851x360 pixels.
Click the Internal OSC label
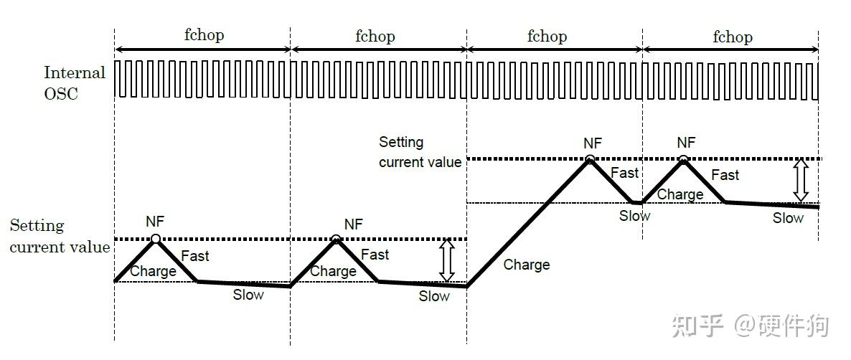pyautogui.click(x=75, y=82)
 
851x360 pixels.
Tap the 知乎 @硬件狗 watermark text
pyautogui.click(x=751, y=325)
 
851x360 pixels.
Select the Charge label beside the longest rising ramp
pyautogui.click(x=527, y=265)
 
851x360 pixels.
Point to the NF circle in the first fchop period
pyautogui.click(x=156, y=239)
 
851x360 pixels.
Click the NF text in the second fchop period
pyautogui.click(x=354, y=224)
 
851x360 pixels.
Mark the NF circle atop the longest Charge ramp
pyautogui.click(x=590, y=159)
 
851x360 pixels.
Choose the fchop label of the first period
pyautogui.click(x=203, y=35)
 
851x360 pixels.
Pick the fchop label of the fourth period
pyautogui.click(x=733, y=37)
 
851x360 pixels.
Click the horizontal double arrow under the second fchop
pyautogui.click(x=379, y=49)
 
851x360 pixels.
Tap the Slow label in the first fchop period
pyautogui.click(x=248, y=294)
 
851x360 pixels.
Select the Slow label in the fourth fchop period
pyautogui.click(x=788, y=218)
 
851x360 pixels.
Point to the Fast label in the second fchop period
pyautogui.click(x=375, y=255)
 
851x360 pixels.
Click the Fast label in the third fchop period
pyautogui.click(x=624, y=173)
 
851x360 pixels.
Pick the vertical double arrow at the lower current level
pyautogui.click(x=447, y=260)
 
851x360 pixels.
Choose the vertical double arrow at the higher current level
pyautogui.click(x=801, y=180)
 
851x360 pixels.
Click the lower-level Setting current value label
pyautogui.click(x=60, y=237)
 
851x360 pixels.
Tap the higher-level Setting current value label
pyautogui.click(x=420, y=152)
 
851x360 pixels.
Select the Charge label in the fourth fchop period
pyautogui.click(x=680, y=194)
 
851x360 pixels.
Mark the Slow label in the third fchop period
pyautogui.click(x=635, y=215)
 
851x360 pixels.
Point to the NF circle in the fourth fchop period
pyautogui.click(x=683, y=159)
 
